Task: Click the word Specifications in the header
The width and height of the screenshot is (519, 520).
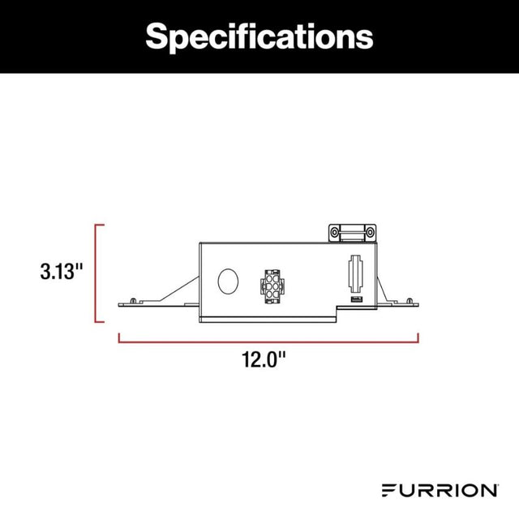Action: tap(259, 36)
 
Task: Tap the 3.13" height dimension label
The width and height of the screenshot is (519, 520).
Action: tap(62, 271)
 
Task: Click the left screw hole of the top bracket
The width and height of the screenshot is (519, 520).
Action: tap(334, 233)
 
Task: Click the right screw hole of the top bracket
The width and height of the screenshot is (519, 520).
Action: tap(369, 233)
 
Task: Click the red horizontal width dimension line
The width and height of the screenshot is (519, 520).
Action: tap(268, 339)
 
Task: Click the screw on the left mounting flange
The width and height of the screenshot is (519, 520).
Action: tap(131, 301)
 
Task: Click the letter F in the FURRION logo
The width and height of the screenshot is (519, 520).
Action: tap(387, 490)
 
